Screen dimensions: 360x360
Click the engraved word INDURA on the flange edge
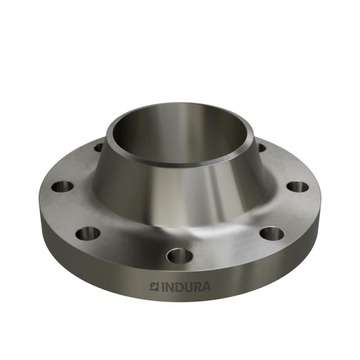pyautogui.click(x=180, y=287)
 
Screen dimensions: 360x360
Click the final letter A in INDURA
pyautogui.click(x=205, y=287)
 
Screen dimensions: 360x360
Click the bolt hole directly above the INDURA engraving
pyautogui.click(x=180, y=256)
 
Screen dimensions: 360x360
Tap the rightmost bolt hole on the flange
pyautogui.click(x=298, y=187)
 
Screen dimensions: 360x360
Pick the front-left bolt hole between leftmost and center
pyautogui.click(x=88, y=232)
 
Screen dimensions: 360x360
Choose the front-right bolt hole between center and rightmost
pyautogui.click(x=272, y=232)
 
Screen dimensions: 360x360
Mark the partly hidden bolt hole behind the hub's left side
pyautogui.click(x=99, y=148)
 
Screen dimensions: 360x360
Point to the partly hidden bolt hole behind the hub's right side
pyautogui.click(x=261, y=147)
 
